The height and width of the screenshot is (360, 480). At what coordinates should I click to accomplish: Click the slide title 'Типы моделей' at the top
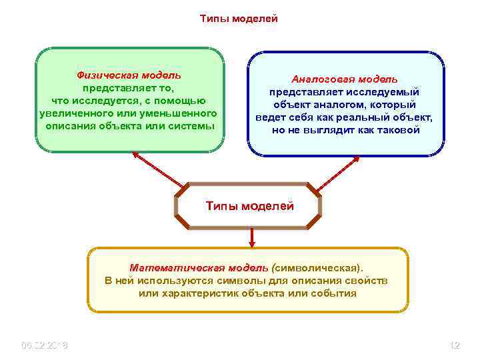pos(239,19)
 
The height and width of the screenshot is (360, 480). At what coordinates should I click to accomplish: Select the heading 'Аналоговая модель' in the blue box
pos(345,79)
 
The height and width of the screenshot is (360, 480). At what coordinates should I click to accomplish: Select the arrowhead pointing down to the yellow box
pos(252,243)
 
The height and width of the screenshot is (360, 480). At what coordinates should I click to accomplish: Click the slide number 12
pos(455,345)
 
